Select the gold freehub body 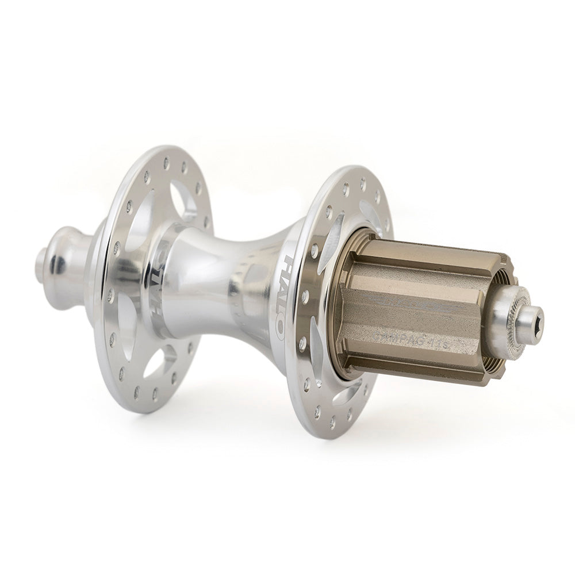(414, 310)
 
